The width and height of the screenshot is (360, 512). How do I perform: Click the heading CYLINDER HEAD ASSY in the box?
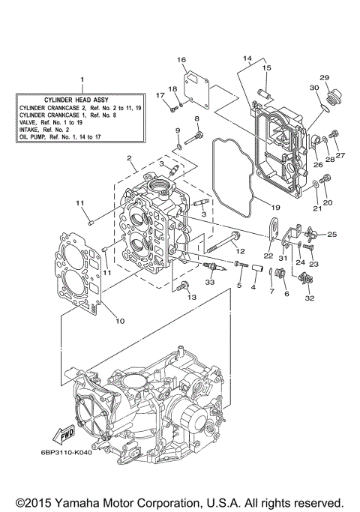(x=82, y=99)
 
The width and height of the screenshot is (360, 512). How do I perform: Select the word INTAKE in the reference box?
(x=32, y=129)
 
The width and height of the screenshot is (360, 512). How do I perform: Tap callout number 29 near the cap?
(x=325, y=78)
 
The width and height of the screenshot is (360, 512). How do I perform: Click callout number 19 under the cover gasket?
(x=275, y=206)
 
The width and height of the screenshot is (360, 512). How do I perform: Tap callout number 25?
(x=331, y=235)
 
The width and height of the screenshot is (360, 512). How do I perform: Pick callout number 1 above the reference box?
(x=82, y=79)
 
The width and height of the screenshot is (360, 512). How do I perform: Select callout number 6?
(x=285, y=295)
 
